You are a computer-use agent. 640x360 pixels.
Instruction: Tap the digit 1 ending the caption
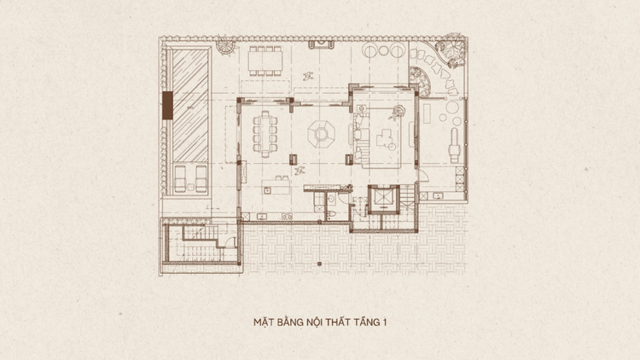pyautogui.click(x=385, y=322)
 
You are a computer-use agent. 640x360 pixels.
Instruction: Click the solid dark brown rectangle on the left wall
pyautogui.click(x=167, y=105)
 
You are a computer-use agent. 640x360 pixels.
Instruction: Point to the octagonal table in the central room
pyautogui.click(x=321, y=133)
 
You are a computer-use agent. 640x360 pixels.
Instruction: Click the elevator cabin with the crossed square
pyautogui.click(x=383, y=198)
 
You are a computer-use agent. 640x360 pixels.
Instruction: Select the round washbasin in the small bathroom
pyautogui.click(x=330, y=200)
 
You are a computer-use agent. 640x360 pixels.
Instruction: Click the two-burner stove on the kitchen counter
pyautogui.click(x=287, y=217)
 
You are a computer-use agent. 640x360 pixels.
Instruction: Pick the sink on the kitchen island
pyautogui.click(x=267, y=189)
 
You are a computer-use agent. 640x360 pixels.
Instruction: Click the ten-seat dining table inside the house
pyautogui.click(x=265, y=134)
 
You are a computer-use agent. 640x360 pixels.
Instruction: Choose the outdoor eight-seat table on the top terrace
pyautogui.click(x=265, y=61)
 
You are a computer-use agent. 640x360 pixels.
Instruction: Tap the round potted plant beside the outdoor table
pyautogui.click(x=225, y=46)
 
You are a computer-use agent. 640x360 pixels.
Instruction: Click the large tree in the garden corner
pyautogui.click(x=451, y=49)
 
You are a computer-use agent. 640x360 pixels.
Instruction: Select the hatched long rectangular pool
pyautogui.click(x=190, y=106)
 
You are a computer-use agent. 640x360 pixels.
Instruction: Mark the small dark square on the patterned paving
pyautogui.click(x=320, y=264)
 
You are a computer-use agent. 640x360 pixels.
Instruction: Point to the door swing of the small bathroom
pyautogui.click(x=343, y=199)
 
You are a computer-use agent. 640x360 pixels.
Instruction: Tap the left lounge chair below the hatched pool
pyautogui.click(x=180, y=179)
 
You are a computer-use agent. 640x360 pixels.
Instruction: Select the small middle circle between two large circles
pyautogui.click(x=384, y=50)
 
